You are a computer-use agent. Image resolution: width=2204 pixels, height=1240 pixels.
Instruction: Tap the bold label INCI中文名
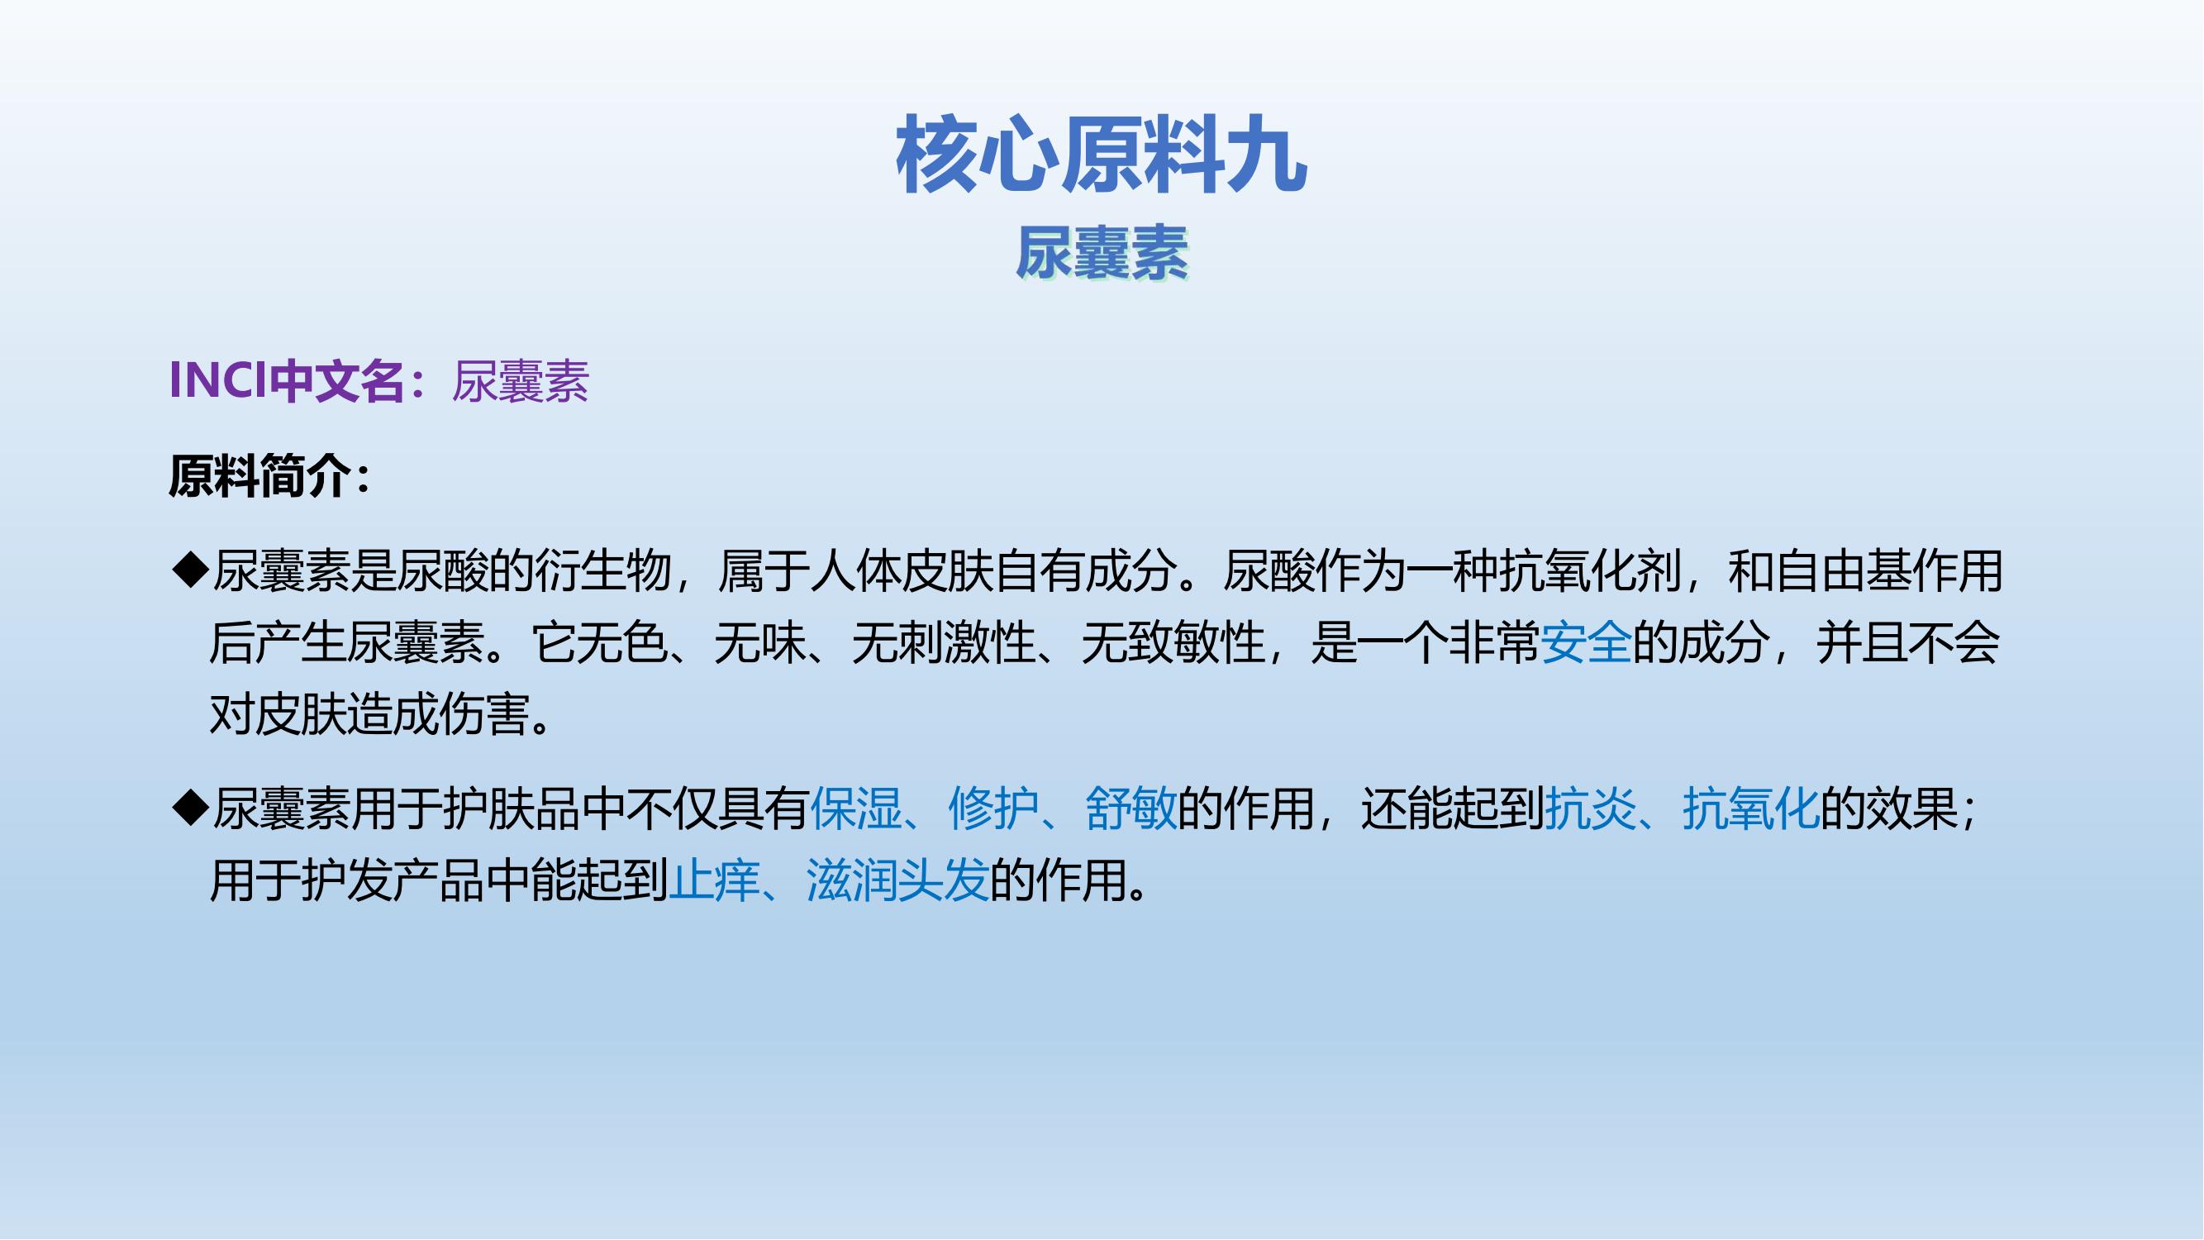tap(287, 380)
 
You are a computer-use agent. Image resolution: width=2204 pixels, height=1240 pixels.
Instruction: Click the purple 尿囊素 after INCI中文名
tap(520, 381)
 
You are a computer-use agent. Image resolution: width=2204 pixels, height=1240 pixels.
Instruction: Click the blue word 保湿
tap(855, 808)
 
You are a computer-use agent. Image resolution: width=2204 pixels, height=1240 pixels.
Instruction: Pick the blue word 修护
tap(993, 808)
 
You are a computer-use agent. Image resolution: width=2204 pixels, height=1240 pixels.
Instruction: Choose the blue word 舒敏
tap(1131, 808)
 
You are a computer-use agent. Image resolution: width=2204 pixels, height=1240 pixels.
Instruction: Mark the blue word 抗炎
tap(1591, 808)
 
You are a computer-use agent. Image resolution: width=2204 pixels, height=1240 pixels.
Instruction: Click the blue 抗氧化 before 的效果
tap(1750, 808)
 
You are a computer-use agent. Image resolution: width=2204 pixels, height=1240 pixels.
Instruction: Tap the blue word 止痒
tap(713, 880)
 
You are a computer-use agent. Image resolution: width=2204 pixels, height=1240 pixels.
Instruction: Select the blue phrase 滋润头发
tap(897, 880)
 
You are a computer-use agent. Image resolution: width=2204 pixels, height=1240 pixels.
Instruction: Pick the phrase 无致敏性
tap(1173, 642)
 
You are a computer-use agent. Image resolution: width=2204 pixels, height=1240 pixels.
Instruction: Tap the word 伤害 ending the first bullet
tap(484, 714)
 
